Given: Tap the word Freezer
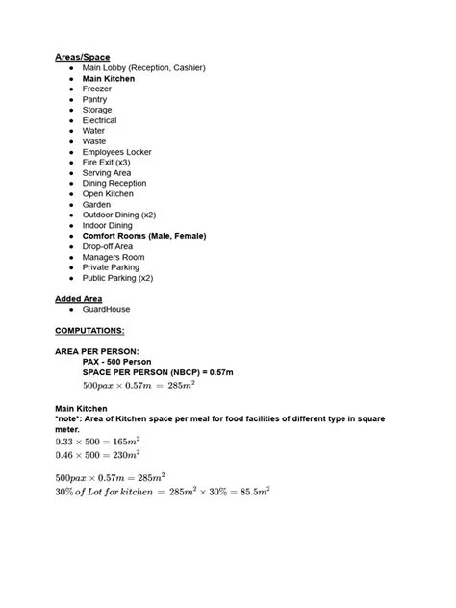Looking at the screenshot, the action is [97, 89].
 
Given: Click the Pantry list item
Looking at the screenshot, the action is [95, 100].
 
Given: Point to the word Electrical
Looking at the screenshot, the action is [100, 120].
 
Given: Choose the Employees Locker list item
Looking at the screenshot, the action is [116, 152].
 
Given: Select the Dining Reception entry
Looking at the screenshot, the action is [114, 183].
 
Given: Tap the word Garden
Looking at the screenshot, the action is [96, 204].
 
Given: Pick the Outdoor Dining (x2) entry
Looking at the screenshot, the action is [118, 215].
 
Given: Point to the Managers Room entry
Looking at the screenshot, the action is [114, 257].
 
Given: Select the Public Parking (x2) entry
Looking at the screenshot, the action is [117, 277].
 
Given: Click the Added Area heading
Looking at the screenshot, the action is [78, 298].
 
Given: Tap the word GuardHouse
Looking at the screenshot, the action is [106, 309].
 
